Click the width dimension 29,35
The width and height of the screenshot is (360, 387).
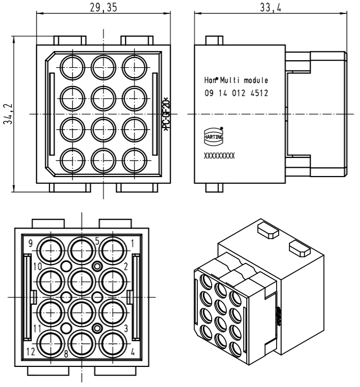[x=103, y=7]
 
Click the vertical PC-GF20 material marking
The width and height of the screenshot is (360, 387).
[x=166, y=114]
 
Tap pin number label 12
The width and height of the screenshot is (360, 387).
[x=31, y=352]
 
